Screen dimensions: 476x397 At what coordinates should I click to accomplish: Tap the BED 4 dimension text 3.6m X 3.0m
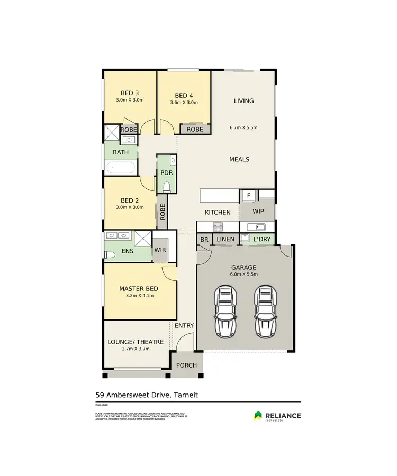184,103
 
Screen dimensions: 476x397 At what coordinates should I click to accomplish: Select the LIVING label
243,101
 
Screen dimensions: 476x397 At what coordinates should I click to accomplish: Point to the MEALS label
239,159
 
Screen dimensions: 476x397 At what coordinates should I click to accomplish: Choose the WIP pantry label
258,212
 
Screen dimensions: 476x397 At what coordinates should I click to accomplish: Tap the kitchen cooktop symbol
218,226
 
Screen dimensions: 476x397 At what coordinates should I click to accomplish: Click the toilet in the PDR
167,186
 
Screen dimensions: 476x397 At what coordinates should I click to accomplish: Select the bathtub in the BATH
121,168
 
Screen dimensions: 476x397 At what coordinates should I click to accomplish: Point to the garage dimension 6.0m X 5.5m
243,274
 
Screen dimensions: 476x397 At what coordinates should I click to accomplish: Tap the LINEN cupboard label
225,240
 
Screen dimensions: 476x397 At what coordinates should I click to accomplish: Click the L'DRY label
261,240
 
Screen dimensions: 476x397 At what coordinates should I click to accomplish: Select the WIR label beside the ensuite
159,250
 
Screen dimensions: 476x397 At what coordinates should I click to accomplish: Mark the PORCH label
186,365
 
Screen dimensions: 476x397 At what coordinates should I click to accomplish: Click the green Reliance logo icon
258,416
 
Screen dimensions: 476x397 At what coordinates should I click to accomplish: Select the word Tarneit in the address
185,395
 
